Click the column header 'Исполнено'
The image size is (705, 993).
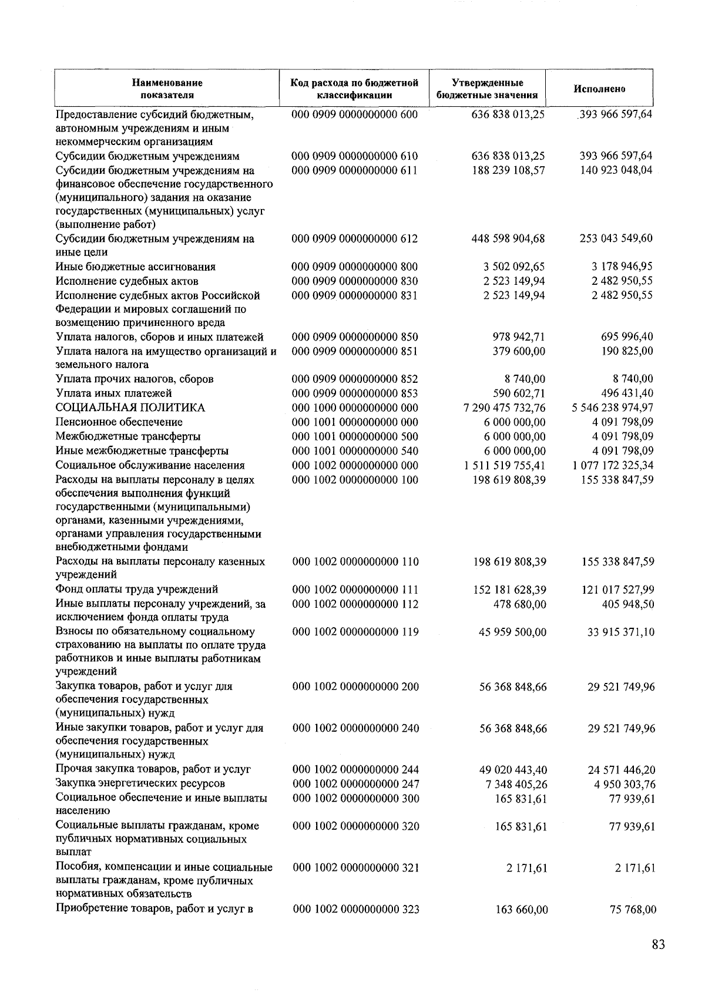pyautogui.click(x=599, y=89)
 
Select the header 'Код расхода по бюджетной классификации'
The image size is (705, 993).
pyautogui.click(x=354, y=89)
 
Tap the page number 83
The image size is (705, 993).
pyautogui.click(x=657, y=945)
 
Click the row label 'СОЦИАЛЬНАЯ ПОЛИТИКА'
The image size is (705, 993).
pyautogui.click(x=130, y=408)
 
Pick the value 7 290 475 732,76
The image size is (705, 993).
pyautogui.click(x=504, y=408)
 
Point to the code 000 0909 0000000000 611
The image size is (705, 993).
pyautogui.click(x=354, y=171)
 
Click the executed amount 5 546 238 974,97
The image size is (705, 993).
pyautogui.click(x=612, y=408)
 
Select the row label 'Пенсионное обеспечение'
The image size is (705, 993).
pyautogui.click(x=119, y=422)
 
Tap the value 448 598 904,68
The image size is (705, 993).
pyautogui.click(x=508, y=238)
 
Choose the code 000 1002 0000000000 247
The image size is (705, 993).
pyautogui.click(x=355, y=784)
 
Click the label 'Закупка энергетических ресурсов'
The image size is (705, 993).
pyautogui.click(x=140, y=784)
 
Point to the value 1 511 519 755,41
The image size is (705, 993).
pyautogui.click(x=504, y=466)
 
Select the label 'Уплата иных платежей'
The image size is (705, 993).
pyautogui.click(x=113, y=393)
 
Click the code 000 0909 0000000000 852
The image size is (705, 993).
pyautogui.click(x=355, y=379)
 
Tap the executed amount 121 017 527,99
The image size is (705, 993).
pyautogui.click(x=616, y=590)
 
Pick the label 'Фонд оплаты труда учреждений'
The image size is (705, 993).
pyautogui.click(x=137, y=590)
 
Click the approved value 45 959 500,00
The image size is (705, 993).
pyautogui.click(x=513, y=632)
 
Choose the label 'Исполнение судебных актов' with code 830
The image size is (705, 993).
pyautogui.click(x=127, y=281)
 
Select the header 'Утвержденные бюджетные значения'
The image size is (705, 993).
pyautogui.click(x=488, y=89)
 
